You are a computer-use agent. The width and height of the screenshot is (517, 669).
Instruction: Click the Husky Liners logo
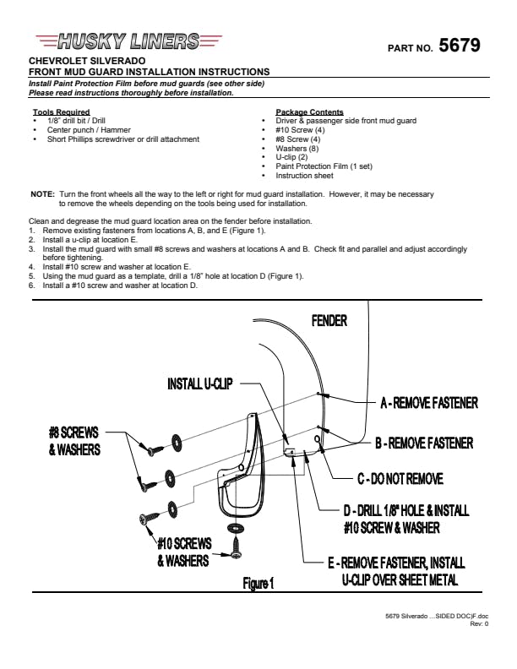(x=128, y=41)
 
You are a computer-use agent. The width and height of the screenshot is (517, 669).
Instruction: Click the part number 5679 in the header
(x=460, y=46)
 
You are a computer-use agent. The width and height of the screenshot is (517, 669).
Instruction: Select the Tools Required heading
(x=62, y=112)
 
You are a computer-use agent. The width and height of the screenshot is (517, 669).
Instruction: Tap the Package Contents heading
(x=309, y=112)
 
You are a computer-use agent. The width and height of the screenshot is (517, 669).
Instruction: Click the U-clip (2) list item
(x=291, y=157)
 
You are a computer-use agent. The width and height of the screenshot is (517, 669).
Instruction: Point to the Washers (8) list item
(x=297, y=149)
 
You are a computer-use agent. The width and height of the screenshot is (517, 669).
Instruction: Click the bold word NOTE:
(x=42, y=194)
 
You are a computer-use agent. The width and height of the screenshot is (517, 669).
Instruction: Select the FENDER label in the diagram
(x=329, y=321)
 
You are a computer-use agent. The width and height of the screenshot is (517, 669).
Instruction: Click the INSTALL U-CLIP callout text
(x=200, y=384)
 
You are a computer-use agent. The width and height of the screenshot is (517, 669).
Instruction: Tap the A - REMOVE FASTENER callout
(x=429, y=403)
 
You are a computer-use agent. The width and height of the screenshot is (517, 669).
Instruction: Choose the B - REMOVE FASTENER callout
(x=424, y=443)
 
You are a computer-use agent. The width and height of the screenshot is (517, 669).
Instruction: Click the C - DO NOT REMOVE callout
(x=400, y=479)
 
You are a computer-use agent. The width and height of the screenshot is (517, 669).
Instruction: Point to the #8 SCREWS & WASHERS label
(x=74, y=441)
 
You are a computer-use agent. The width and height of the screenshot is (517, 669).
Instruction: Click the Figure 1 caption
(x=258, y=583)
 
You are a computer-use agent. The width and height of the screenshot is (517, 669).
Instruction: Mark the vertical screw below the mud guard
(x=236, y=548)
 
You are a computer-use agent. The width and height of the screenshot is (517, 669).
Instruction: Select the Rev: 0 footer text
(x=479, y=623)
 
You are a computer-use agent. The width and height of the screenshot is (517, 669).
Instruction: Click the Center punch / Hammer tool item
(x=89, y=130)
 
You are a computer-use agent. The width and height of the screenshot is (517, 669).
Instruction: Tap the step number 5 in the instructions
(x=31, y=276)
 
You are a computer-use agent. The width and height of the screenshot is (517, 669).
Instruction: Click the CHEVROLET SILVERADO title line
(x=87, y=61)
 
